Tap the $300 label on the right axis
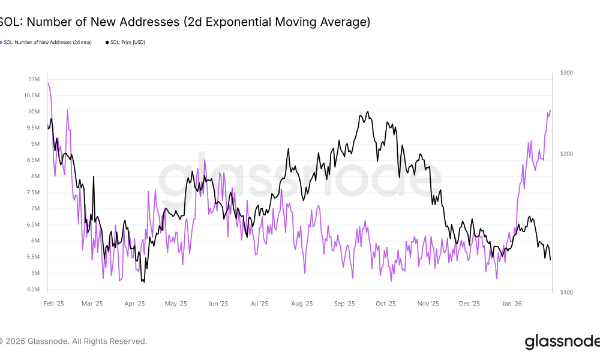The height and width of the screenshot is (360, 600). tap(566, 73)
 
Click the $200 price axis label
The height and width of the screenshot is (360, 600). tap(566, 154)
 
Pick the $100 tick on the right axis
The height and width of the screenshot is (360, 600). tap(566, 292)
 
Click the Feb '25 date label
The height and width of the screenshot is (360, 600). tap(54, 304)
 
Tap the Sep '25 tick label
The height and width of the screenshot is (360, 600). tap(344, 304)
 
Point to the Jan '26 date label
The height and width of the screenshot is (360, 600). tap(512, 304)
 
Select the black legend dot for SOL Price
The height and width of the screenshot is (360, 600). tap(107, 43)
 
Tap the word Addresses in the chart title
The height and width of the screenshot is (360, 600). tap(121, 22)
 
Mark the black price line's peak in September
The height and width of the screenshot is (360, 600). tap(367, 112)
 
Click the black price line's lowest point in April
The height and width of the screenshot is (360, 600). tap(143, 282)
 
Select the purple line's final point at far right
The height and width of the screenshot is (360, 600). tap(550, 110)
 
